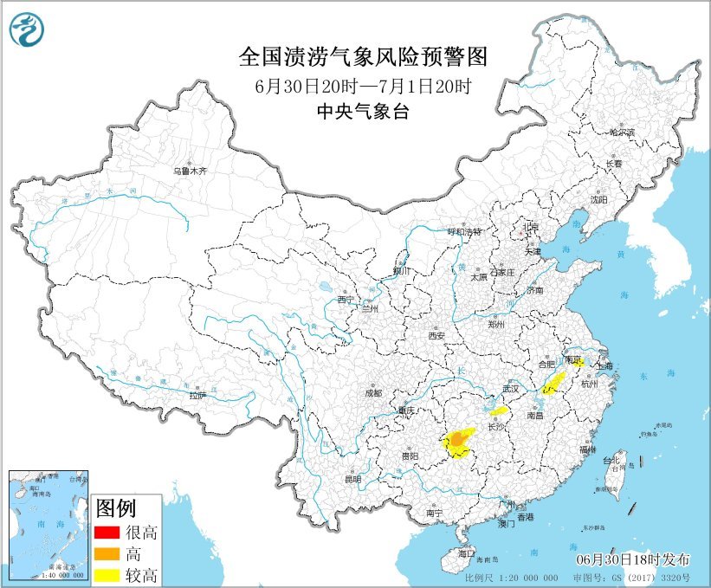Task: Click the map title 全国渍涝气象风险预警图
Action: (x=363, y=58)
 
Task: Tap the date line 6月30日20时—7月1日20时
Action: (x=363, y=87)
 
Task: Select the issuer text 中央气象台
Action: (x=363, y=112)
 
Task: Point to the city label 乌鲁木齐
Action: (x=190, y=171)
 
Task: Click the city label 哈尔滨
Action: (x=621, y=132)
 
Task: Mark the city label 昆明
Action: (x=352, y=479)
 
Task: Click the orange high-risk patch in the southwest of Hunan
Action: (x=456, y=442)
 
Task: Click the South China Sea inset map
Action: (x=48, y=525)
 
